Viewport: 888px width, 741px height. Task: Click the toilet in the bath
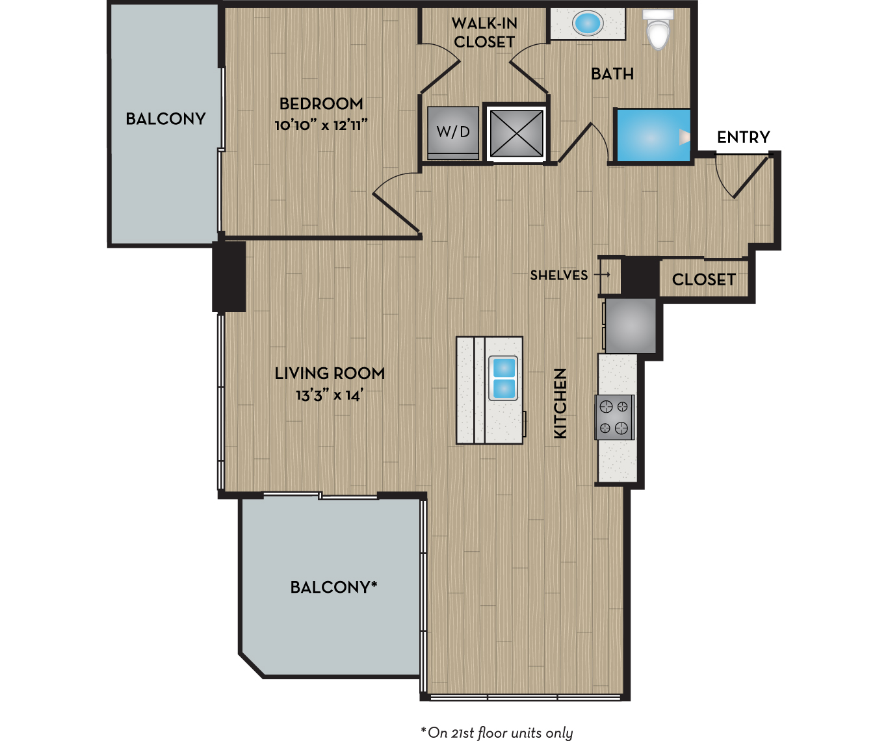point(658,29)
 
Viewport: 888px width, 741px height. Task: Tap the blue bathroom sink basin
point(587,23)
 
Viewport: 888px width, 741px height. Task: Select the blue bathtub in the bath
point(653,135)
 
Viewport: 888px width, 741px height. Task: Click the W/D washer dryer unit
point(453,133)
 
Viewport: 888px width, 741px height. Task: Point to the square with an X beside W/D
point(516,133)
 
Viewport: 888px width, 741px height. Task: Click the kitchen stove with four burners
point(614,417)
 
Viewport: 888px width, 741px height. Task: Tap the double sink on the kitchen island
point(503,378)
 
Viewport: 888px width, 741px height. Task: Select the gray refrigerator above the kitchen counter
point(631,326)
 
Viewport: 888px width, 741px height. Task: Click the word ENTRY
point(744,137)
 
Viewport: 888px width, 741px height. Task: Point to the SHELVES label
point(559,275)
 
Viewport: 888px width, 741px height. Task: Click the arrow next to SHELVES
point(602,274)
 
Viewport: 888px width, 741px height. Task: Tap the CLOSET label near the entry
point(704,279)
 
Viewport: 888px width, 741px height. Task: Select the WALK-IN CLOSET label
point(484,32)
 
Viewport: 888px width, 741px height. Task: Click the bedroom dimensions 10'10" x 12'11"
point(321,125)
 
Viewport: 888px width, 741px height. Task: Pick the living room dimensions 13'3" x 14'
point(330,395)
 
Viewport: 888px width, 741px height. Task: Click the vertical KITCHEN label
point(560,403)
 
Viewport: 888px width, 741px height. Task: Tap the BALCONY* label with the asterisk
point(334,587)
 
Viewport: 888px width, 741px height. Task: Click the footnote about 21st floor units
point(497,733)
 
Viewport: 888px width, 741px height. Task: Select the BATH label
point(612,74)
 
